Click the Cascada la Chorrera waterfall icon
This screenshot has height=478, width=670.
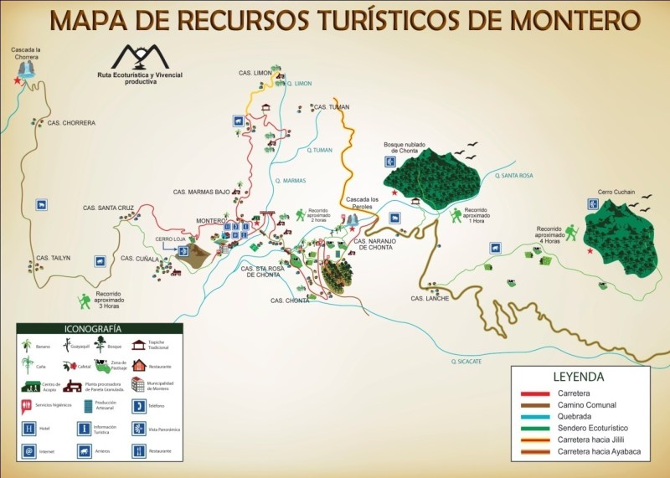25,68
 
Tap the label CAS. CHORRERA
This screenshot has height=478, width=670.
71,123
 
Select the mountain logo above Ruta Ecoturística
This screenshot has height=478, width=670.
140,57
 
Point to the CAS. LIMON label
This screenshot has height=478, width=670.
256,74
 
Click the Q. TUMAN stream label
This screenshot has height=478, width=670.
321,150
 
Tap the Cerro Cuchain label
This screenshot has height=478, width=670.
616,192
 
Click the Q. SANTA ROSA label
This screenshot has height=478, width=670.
513,176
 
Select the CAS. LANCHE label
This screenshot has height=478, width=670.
430,299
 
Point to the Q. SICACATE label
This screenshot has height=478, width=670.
466,361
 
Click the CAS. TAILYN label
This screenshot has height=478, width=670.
53,258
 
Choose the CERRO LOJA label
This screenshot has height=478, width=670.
171,239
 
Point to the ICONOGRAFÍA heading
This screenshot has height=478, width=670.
93,329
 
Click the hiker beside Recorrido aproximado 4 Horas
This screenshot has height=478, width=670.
571,232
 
